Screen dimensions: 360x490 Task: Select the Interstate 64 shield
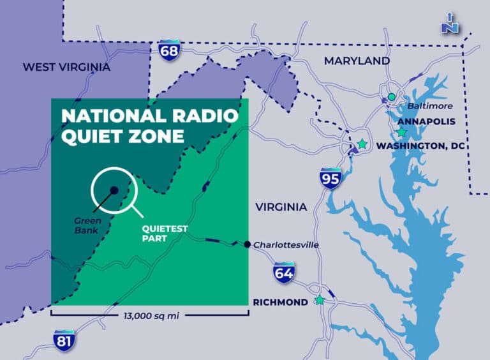point(284,273)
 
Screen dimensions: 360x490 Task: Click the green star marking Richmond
point(320,301)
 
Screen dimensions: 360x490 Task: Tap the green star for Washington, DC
point(362,144)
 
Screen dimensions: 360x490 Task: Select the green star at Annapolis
point(401,132)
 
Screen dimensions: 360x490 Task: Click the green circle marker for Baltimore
point(391,97)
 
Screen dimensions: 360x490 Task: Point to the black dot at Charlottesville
point(247,244)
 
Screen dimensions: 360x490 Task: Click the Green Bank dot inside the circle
point(113,190)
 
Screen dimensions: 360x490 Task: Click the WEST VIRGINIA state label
point(66,67)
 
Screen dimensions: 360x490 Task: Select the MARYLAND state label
point(357,61)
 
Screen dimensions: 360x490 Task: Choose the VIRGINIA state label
point(281,207)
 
